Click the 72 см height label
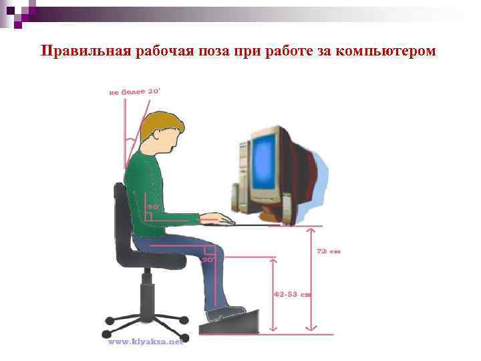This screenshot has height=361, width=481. coord(329,251)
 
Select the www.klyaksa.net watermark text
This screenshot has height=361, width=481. coord(145,342)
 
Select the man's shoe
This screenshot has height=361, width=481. coord(223,312)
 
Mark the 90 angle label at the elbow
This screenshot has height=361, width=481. coord(153,207)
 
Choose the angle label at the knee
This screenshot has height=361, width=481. coord(208,259)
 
